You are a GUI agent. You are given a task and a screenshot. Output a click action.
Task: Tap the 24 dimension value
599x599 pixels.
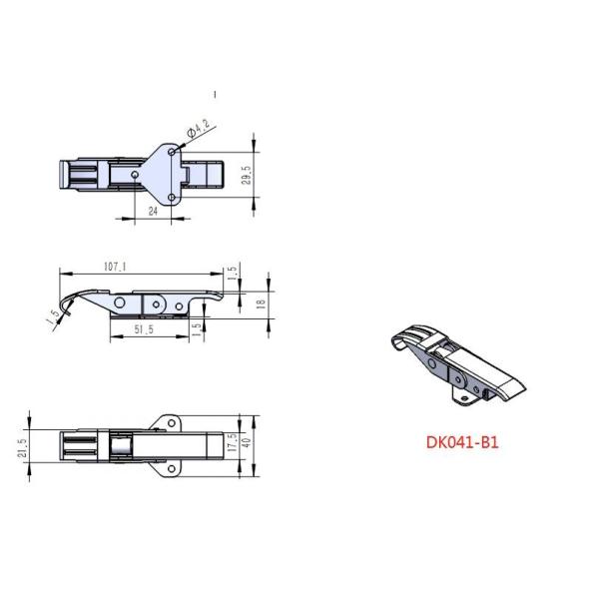(x=153, y=211)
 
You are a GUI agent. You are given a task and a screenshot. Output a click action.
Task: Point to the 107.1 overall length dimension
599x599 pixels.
(x=114, y=267)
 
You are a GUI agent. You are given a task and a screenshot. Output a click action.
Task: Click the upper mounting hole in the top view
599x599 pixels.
(x=174, y=150)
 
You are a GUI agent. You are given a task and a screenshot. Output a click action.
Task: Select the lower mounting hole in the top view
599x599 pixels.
(x=173, y=198)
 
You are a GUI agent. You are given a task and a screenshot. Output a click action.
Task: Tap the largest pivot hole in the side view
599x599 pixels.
(x=120, y=301)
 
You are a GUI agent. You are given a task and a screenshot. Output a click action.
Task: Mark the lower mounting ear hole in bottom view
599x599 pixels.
(x=172, y=465)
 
